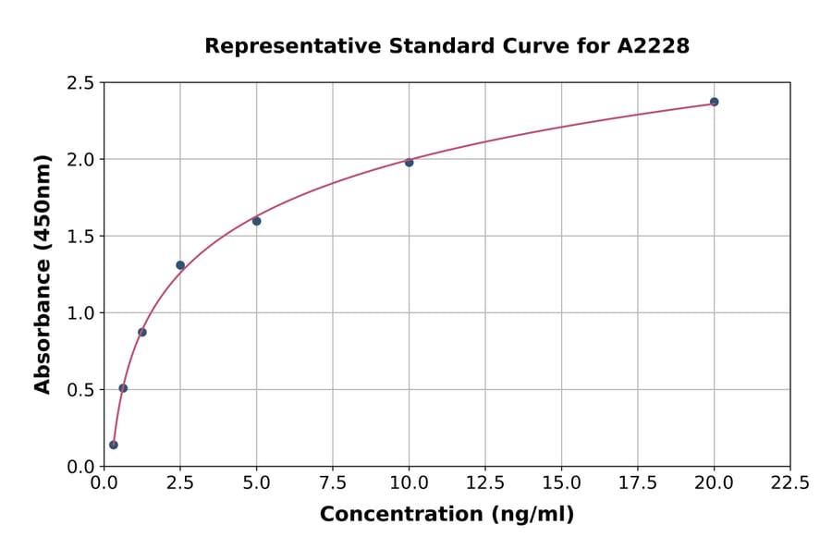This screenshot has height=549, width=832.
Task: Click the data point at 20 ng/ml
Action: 714,102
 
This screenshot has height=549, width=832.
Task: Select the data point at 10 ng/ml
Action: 409,163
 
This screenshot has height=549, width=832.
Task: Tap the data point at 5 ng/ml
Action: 257,221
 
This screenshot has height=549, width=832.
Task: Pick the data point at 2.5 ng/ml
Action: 180,265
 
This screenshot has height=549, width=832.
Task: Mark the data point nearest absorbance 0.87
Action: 142,332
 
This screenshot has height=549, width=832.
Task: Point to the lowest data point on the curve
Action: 114,445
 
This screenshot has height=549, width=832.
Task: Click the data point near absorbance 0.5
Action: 123,388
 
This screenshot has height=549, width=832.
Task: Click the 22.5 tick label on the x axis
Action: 790,482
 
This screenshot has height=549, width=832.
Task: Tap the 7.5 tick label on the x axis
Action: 333,482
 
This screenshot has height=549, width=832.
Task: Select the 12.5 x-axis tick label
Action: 485,482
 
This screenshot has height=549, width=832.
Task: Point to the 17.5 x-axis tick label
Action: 638,482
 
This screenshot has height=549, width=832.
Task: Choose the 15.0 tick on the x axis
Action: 561,482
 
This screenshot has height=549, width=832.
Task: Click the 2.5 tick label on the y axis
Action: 80,83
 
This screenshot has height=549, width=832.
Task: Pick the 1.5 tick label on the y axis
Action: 80,237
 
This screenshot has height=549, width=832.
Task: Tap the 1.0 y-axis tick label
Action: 80,313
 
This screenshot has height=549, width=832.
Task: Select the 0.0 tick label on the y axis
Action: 80,467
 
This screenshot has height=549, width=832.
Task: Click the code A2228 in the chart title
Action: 653,45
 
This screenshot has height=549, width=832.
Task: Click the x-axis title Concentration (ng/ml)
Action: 447,515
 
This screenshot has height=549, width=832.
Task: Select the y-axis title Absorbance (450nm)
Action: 43,274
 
